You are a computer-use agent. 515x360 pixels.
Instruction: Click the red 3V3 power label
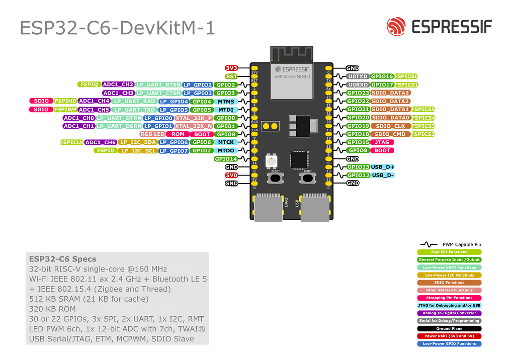pyautogui.click(x=231, y=68)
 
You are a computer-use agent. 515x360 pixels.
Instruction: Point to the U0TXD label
pyautogui.click(x=357, y=76)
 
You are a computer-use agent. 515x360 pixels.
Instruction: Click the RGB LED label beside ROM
pyautogui.click(x=152, y=134)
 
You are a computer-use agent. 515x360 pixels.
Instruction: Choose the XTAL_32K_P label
pyautogui.click(x=193, y=118)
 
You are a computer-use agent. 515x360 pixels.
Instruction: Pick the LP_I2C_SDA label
pyautogui.click(x=137, y=142)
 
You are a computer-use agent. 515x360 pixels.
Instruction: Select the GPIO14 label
pyautogui.click(x=226, y=159)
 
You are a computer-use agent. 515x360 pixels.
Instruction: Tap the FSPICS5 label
pyautogui.click(x=422, y=110)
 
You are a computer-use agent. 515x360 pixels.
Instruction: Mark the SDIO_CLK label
pyautogui.click(x=390, y=126)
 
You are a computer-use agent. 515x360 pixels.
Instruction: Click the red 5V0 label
pyautogui.click(x=231, y=175)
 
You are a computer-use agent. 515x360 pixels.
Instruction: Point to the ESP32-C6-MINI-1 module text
pyautogui.click(x=292, y=76)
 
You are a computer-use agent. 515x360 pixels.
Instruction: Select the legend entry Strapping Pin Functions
pyautogui.click(x=449, y=298)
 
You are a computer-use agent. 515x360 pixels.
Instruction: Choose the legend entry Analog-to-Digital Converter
pyautogui.click(x=449, y=313)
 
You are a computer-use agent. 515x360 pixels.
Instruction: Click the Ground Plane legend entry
pyautogui.click(x=449, y=328)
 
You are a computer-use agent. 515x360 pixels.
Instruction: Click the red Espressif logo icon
pyautogui.click(x=396, y=26)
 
